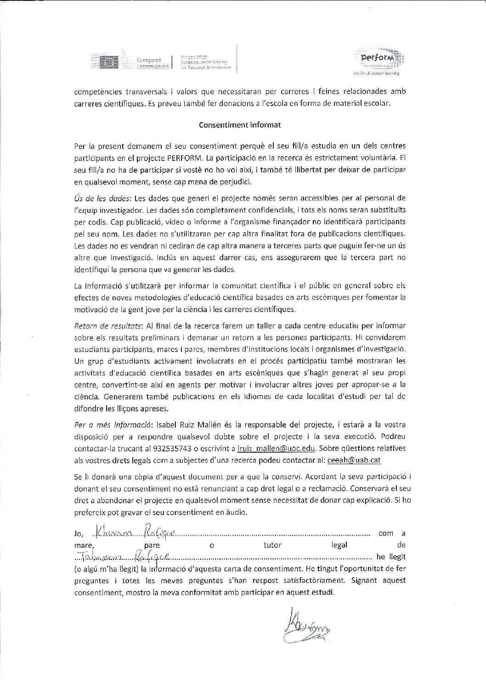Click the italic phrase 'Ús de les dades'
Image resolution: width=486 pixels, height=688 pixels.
(x=102, y=198)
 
